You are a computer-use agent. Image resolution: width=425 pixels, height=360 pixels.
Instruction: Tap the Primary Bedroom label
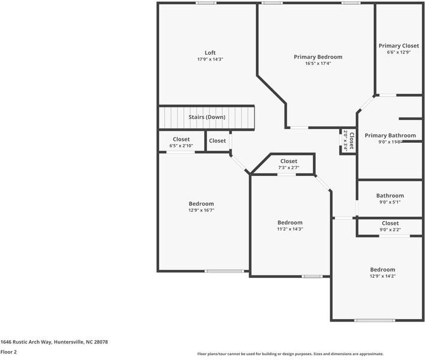pos(318,57)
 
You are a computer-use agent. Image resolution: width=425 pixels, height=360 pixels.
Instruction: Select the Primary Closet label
pos(398,46)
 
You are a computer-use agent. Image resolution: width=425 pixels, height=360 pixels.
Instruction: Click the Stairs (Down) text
pos(207,117)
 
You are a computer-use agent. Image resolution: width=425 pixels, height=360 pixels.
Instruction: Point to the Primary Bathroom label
pos(390,136)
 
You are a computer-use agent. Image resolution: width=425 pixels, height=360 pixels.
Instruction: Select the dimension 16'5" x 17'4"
pos(318,64)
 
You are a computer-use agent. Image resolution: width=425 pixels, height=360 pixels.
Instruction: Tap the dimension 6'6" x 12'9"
pos(398,52)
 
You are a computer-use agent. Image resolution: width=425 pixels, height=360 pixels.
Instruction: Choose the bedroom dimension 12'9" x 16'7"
pos(201,211)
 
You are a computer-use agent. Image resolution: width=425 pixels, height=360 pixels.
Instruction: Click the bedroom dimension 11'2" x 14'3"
pos(289,229)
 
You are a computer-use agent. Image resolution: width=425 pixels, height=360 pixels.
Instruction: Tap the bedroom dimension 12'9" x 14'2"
pos(382,276)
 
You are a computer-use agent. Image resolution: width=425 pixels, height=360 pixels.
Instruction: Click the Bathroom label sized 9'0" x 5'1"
pos(390,196)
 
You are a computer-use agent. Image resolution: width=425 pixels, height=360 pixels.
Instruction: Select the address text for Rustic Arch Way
pos(54,342)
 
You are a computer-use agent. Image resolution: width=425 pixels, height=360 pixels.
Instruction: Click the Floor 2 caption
pos(8,352)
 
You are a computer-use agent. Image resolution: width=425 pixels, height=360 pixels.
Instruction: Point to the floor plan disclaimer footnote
pos(290,354)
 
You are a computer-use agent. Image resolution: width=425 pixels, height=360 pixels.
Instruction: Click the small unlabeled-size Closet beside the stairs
pos(217,141)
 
